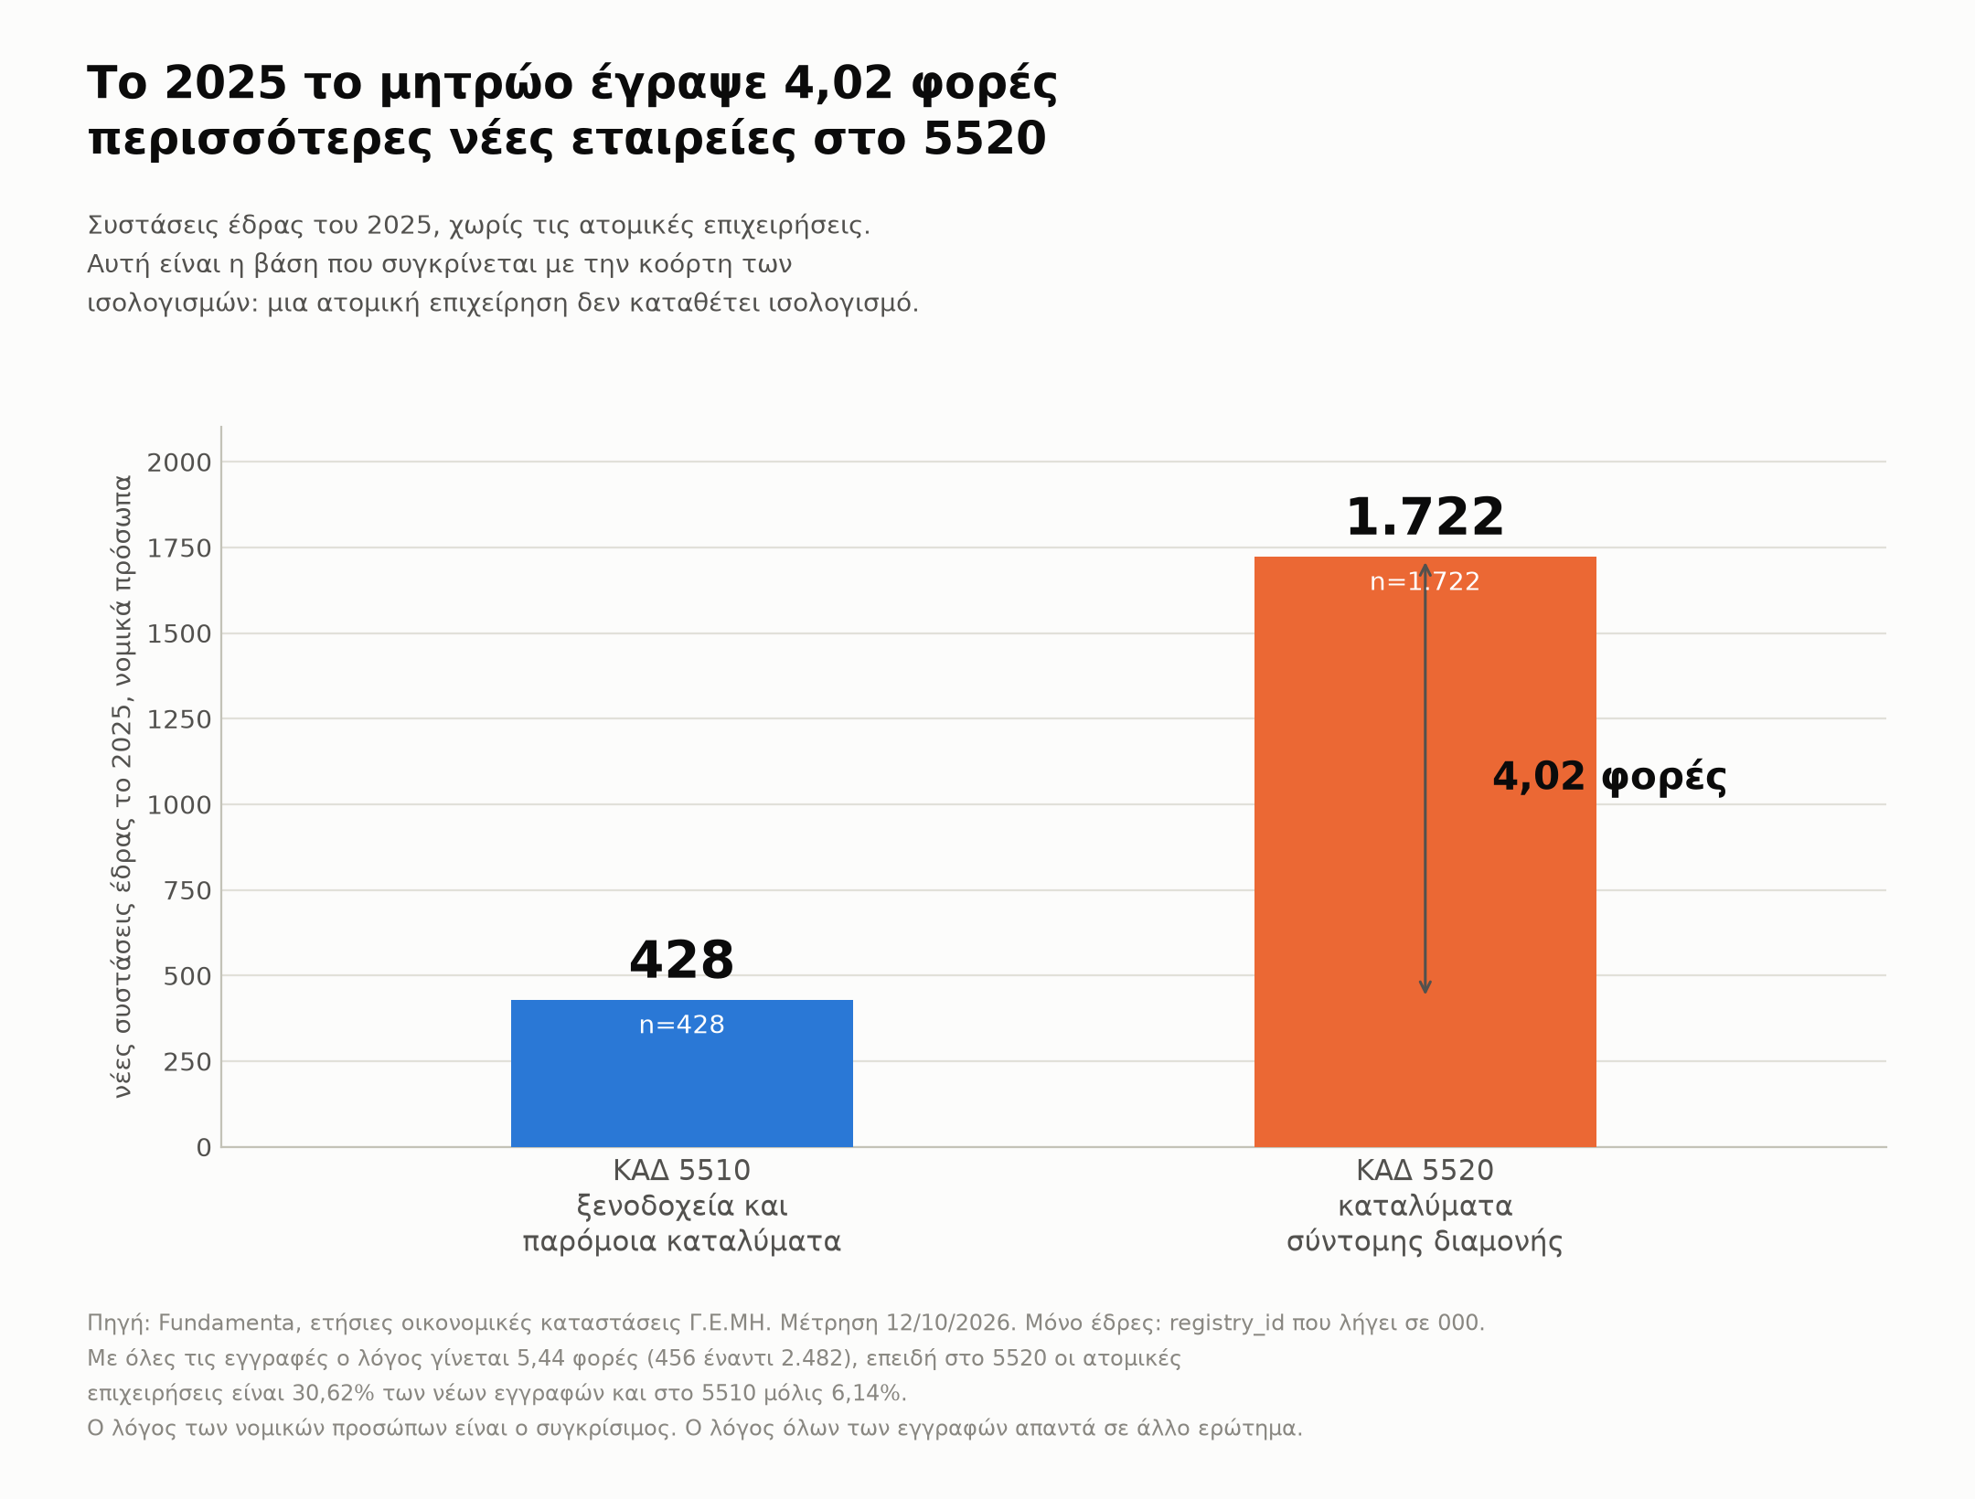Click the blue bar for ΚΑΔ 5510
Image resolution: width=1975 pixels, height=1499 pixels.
tap(681, 1073)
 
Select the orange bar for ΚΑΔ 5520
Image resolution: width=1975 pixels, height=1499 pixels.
tap(1425, 852)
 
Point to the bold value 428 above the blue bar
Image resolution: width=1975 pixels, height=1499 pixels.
tap(681, 961)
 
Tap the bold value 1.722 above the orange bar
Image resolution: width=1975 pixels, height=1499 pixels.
tap(1425, 517)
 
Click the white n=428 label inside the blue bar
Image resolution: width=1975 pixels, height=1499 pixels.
tap(681, 1025)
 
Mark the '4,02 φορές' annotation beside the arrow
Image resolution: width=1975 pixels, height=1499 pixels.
tap(1609, 777)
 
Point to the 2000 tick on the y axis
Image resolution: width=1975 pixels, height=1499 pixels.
tap(179, 462)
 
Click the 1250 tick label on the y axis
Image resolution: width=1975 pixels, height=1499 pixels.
tap(179, 719)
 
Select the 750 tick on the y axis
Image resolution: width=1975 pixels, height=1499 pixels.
tap(187, 890)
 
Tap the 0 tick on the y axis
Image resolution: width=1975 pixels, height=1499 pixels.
tap(204, 1148)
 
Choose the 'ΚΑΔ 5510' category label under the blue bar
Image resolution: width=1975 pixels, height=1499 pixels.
tap(681, 1171)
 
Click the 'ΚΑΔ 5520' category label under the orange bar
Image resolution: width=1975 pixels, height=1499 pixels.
tap(1425, 1171)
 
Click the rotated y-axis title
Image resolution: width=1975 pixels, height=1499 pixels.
tap(123, 786)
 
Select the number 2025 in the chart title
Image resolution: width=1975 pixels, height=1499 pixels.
tap(226, 83)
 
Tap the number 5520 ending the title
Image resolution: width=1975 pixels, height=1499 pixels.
tap(985, 139)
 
